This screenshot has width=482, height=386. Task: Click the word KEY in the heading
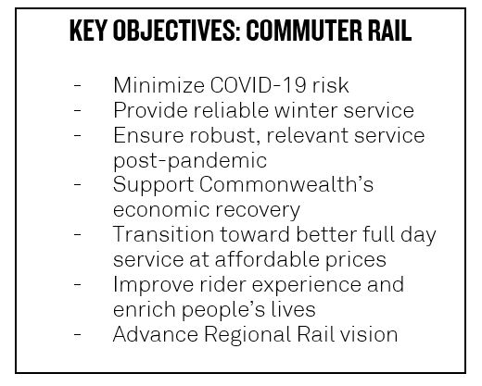88,31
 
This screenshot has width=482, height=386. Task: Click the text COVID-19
258,85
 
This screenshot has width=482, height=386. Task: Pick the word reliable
231,110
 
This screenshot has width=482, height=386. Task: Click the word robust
225,136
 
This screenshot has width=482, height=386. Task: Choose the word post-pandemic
190,161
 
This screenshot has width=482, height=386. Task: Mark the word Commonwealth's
286,185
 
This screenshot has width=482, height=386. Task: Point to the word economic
161,210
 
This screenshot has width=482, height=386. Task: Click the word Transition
163,234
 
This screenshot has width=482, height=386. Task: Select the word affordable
267,259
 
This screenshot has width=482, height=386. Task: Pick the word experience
306,285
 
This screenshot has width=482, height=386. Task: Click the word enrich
145,309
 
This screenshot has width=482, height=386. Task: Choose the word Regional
247,335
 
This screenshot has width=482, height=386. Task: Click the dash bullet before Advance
77,334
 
